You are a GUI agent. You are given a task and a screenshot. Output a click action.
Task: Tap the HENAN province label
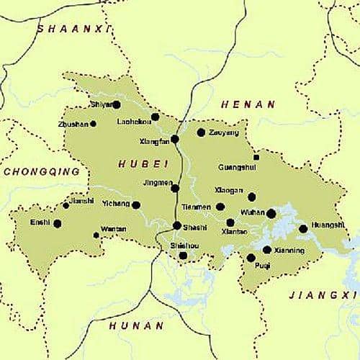coord(248,104)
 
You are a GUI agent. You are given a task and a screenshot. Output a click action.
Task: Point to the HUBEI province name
coord(139,163)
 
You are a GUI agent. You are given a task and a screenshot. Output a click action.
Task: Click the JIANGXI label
coord(323,295)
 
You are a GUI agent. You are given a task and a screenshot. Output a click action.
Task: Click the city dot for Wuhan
coord(271,213)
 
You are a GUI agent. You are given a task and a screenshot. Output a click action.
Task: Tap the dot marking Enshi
coord(58,223)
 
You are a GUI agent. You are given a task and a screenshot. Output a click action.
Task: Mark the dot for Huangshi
coord(303,229)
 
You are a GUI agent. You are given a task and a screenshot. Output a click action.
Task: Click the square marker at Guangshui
coord(256,157)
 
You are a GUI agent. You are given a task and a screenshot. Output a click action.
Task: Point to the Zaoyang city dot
coord(201,132)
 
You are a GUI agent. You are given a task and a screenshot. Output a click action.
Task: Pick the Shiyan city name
coord(102,104)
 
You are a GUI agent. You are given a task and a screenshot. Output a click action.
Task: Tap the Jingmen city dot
coord(175,189)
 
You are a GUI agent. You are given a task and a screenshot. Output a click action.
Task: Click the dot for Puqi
coord(251,257)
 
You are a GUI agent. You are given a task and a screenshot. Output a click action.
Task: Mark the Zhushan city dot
coord(93,124)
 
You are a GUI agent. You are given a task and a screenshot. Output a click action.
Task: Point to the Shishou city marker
coord(183,255)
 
